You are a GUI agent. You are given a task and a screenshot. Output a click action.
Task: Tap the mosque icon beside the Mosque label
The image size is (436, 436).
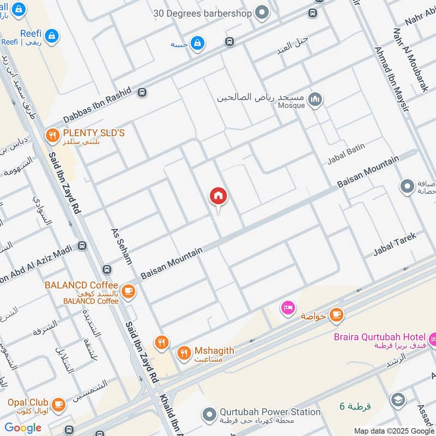(x=315, y=100)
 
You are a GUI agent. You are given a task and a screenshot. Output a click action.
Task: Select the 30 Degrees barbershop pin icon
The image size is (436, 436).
(x=262, y=11)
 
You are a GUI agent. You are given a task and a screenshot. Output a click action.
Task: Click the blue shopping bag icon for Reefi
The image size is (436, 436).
(x=52, y=37)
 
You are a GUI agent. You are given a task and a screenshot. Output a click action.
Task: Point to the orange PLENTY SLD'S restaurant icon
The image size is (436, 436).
(x=53, y=135)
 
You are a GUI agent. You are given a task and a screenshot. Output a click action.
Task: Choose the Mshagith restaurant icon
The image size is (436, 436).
(x=184, y=353)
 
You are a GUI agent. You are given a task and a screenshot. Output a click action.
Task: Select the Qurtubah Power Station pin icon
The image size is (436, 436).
(x=209, y=415)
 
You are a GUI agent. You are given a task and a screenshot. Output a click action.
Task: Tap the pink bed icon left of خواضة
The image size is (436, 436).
(x=287, y=308)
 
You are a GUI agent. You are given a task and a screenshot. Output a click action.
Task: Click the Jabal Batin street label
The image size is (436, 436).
(x=346, y=155)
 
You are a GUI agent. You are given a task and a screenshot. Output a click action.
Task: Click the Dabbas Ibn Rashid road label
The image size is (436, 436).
(x=98, y=106)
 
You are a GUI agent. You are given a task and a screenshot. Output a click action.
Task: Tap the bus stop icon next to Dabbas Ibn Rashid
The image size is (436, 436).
(x=143, y=93)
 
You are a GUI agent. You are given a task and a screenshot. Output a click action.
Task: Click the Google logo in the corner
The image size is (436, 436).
(x=23, y=428)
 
